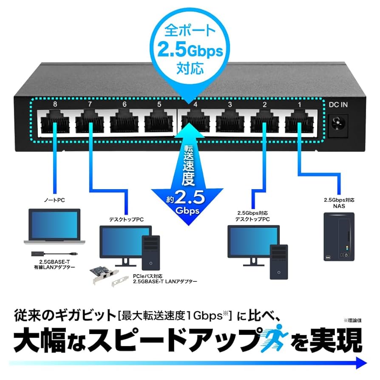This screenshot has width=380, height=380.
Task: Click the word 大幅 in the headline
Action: pos(42,340)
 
